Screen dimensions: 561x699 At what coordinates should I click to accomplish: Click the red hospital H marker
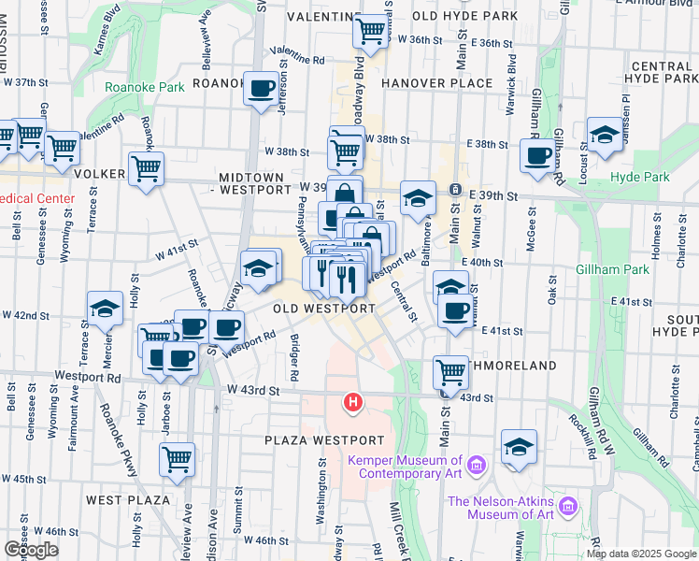click(353, 403)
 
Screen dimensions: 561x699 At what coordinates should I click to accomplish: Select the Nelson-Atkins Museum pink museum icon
click(568, 509)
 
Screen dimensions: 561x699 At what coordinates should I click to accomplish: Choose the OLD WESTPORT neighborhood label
click(324, 308)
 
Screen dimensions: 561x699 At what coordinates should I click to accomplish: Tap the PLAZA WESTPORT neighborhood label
click(324, 439)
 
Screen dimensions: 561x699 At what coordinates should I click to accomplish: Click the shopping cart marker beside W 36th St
click(371, 31)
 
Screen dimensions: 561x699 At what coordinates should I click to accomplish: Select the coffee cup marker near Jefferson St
click(261, 89)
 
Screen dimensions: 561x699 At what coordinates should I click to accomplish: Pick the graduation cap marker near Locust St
click(605, 135)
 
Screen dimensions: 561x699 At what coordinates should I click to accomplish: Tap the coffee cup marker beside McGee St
click(537, 156)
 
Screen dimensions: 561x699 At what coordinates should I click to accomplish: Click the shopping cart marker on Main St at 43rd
click(451, 371)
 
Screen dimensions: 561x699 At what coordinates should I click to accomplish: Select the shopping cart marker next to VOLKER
click(146, 169)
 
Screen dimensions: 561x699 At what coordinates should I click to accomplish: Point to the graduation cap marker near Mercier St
click(106, 308)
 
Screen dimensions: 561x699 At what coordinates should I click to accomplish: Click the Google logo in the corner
click(31, 549)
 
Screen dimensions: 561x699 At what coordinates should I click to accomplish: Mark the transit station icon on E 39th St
click(455, 190)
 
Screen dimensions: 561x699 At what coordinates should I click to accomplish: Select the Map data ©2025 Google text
click(640, 554)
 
